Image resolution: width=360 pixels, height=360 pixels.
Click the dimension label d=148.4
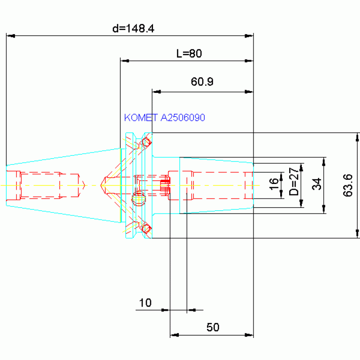[133, 29]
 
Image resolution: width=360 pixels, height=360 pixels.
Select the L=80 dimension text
[189, 54]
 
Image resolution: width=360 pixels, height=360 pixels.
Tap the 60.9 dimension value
[202, 82]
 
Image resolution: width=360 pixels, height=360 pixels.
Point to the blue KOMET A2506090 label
[164, 117]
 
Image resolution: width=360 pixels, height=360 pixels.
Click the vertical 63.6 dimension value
[348, 185]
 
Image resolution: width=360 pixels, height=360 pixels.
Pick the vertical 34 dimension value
[317, 184]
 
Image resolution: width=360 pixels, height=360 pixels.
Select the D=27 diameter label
[294, 181]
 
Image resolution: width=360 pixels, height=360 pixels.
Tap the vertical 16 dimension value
[274, 184]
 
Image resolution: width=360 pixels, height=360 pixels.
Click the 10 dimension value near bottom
[146, 303]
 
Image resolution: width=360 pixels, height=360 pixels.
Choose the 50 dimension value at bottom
[213, 327]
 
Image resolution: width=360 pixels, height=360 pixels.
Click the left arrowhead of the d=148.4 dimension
[11, 36]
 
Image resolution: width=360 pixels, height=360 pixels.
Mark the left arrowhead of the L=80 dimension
[125, 61]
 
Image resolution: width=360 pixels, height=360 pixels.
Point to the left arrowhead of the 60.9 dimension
[157, 92]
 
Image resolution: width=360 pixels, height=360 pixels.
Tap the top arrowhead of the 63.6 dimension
[357, 138]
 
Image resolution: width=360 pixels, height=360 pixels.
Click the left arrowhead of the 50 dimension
[175, 335]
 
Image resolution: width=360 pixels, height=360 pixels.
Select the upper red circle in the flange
[146, 142]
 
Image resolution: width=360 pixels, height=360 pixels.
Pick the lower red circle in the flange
[146, 229]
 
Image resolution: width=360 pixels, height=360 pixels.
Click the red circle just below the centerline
[138, 199]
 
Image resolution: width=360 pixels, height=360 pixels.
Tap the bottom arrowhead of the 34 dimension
[324, 209]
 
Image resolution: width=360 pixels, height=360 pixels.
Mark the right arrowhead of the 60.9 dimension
[249, 92]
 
